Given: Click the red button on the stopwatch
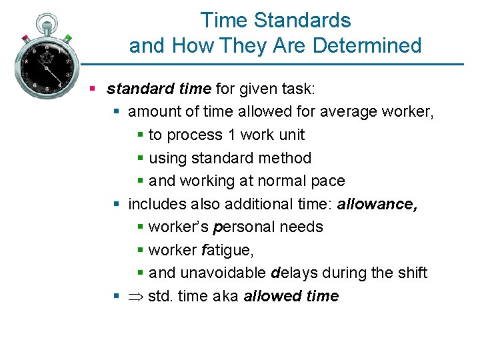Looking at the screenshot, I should [25, 38].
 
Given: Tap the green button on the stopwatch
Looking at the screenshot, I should [67, 39].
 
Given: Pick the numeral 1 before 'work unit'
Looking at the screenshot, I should [231, 135].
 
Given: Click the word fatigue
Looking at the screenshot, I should [227, 250].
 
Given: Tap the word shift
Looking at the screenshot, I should [413, 273].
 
